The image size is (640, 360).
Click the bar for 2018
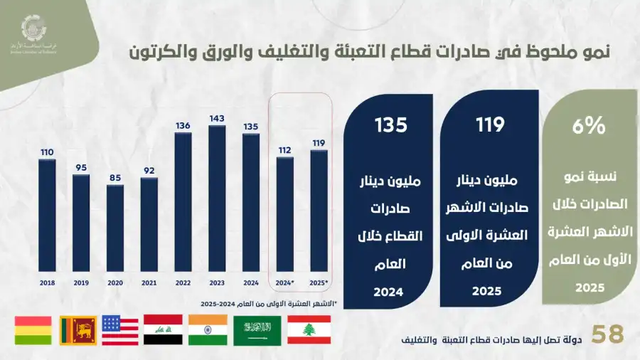coord(47,216)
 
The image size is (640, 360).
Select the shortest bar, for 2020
coord(115,228)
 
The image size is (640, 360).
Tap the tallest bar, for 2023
coord(218,198)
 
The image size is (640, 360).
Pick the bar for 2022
coord(183,202)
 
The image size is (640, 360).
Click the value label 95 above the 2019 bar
coord(81,168)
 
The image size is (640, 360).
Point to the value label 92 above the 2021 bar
coord(149,171)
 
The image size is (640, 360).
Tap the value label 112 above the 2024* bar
coord(285,150)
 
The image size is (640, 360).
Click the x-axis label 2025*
coord(319,282)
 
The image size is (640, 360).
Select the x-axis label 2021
coord(149,282)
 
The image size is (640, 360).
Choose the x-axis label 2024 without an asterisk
coord(251,282)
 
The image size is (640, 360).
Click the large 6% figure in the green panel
coord(590,127)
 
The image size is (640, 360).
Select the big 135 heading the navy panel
coord(391,125)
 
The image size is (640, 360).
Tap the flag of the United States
coord(120,330)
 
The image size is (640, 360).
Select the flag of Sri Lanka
coord(78,330)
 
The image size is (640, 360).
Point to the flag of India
coord(208,330)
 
